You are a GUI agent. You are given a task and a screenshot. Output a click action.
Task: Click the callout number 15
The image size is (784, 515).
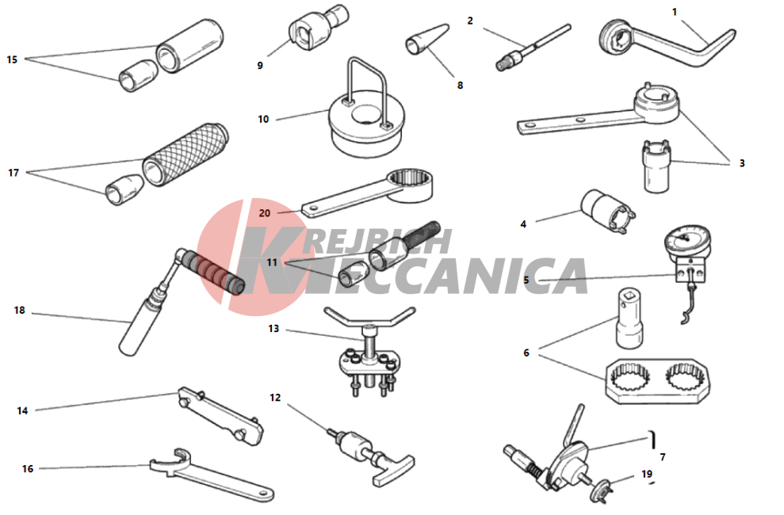(12, 59)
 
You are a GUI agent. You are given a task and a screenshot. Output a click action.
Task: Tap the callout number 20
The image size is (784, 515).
(265, 213)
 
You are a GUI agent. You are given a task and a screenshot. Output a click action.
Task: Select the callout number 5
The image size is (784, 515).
(526, 280)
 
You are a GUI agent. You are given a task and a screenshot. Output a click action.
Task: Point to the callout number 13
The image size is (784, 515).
(273, 329)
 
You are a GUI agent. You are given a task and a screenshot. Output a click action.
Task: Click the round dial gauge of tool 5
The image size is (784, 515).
(687, 241)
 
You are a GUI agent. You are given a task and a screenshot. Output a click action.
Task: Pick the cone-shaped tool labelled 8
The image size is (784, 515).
(426, 39)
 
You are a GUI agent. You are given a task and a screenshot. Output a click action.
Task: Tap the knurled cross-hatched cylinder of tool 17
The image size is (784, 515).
(185, 154)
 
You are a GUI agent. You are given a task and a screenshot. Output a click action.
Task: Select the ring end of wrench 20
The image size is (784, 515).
(411, 185)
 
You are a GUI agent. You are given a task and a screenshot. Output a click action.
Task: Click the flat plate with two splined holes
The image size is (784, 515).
(657, 381)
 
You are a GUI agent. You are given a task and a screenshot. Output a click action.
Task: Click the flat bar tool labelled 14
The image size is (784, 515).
(220, 416)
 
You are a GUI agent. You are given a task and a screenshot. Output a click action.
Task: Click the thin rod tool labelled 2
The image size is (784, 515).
(533, 47)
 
